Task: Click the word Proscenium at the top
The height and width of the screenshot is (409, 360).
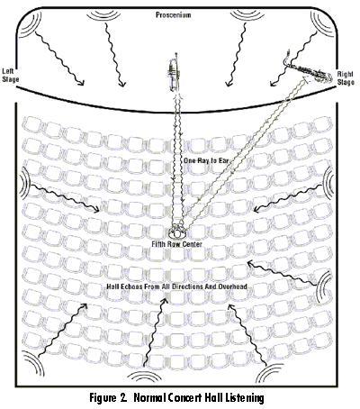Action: [x=174, y=14]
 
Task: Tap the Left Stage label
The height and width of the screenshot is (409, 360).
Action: [x=11, y=76]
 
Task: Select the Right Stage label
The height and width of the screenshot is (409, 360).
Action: [x=346, y=77]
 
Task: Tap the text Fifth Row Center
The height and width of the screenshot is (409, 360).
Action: [x=176, y=244]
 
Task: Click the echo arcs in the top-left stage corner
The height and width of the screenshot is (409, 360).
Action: [x=30, y=24]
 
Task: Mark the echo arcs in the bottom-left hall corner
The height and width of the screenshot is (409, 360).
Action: [x=33, y=363]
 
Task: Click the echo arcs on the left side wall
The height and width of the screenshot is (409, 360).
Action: [x=25, y=182]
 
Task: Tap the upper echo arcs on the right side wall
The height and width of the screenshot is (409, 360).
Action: [x=329, y=180]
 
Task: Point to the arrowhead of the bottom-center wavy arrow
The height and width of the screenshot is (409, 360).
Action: [x=164, y=300]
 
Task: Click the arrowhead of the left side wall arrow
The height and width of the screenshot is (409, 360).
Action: [x=96, y=210]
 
